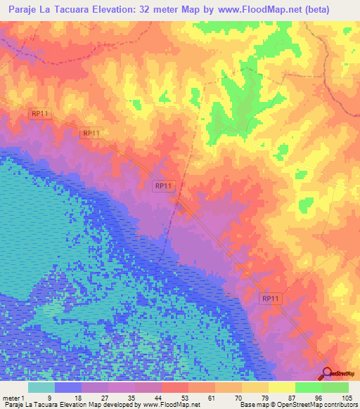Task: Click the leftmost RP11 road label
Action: (x=39, y=113)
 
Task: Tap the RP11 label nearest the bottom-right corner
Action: (x=271, y=298)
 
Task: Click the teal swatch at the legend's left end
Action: (x=41, y=387)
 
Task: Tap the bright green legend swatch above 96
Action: (x=309, y=387)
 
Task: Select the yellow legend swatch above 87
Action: (x=282, y=387)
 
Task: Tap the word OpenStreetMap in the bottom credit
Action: (x=291, y=405)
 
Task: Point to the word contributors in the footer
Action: (x=339, y=405)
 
